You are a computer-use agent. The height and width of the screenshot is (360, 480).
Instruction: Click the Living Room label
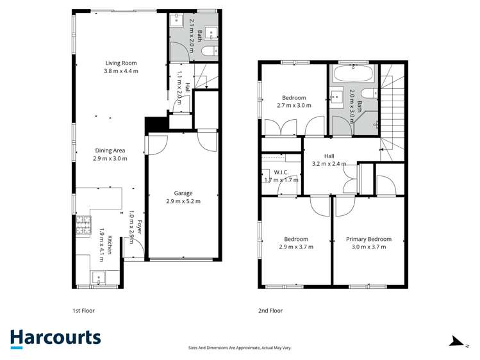121,63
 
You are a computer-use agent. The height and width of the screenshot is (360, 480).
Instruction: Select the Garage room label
183,193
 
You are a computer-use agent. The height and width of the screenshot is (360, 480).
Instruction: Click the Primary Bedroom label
368,239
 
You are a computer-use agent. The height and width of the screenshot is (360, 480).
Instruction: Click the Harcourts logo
55,338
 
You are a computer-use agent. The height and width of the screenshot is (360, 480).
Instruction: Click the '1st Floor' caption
83,310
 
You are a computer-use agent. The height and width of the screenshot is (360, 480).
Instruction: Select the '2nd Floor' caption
270,310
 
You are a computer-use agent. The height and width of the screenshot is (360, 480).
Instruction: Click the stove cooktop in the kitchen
83,225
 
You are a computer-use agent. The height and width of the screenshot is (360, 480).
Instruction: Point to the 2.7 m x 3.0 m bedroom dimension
294,106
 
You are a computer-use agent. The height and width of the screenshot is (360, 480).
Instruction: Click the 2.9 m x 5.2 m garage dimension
183,201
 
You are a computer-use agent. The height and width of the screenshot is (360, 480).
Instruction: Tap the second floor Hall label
329,156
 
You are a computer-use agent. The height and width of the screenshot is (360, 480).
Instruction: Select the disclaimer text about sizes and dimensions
240,347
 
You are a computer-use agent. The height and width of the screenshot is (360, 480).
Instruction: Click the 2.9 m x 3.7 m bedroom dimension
295,247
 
